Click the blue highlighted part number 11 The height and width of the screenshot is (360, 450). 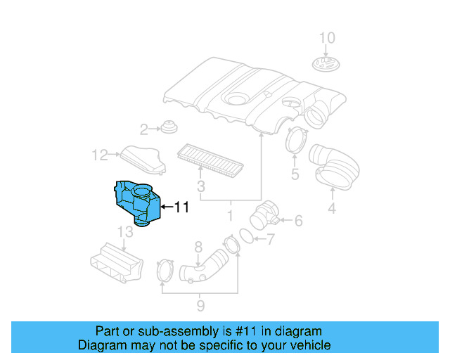point(135,202)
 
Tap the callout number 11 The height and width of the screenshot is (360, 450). point(181,207)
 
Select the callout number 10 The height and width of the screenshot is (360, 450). point(328,38)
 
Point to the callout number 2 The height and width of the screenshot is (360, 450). point(143,129)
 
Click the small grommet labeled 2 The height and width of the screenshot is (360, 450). point(168,128)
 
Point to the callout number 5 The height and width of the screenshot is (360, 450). point(295,174)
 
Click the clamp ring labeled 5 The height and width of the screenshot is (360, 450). point(296,139)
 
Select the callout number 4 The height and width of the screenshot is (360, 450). point(331,207)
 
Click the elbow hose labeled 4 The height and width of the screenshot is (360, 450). point(336,165)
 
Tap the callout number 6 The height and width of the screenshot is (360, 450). point(297,221)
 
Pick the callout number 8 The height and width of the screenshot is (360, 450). point(198,247)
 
